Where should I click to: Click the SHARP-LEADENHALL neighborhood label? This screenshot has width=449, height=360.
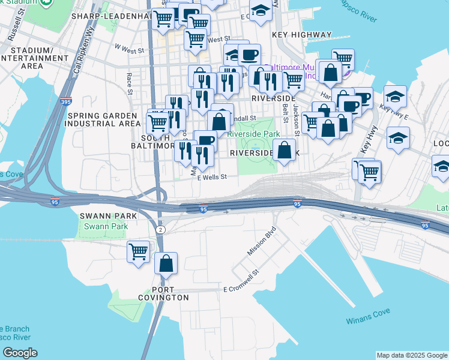click(x=109, y=16)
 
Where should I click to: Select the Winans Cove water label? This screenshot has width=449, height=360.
click(x=368, y=316)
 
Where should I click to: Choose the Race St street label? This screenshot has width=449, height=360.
click(x=129, y=83)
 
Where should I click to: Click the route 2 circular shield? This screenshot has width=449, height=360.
click(x=160, y=230)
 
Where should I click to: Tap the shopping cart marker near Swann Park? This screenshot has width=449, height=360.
click(x=139, y=251)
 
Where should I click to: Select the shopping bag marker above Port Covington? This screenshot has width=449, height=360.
click(x=166, y=263)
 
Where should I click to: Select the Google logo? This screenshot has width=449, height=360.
click(x=19, y=353)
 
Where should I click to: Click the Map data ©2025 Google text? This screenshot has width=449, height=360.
click(x=412, y=355)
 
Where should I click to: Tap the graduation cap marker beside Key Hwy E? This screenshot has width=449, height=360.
click(x=396, y=97)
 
